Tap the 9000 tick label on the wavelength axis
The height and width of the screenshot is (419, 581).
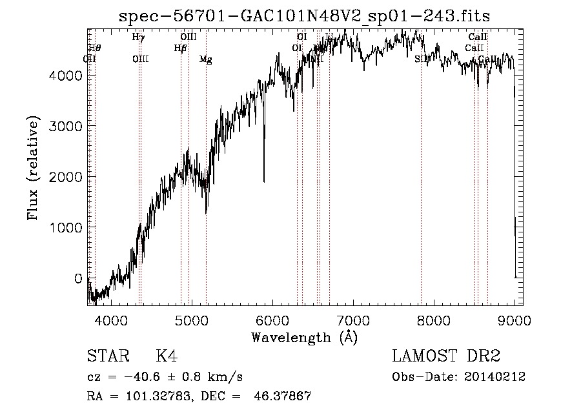click(x=515, y=320)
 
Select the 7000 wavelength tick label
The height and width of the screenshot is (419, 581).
click(x=353, y=320)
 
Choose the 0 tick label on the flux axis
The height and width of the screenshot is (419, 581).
click(x=78, y=278)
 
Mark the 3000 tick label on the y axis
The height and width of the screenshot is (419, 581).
click(x=66, y=125)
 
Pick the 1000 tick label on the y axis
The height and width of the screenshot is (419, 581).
click(x=66, y=227)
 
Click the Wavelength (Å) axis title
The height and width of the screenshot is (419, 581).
click(x=304, y=337)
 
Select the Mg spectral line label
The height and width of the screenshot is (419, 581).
click(x=205, y=59)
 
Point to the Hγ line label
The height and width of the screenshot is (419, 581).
click(x=138, y=37)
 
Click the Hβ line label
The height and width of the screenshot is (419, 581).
click(x=181, y=48)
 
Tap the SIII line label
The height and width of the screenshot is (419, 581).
click(x=422, y=59)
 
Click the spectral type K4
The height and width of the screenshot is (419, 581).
click(x=167, y=357)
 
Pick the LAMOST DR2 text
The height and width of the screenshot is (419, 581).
click(x=446, y=357)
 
